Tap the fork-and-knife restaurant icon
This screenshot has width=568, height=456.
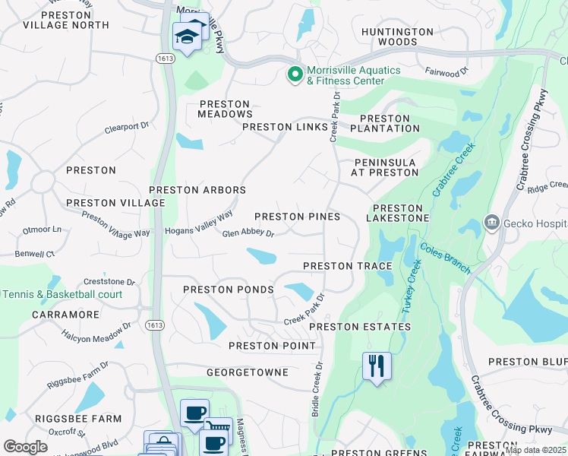[376, 366]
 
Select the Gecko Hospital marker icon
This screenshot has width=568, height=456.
[491, 223]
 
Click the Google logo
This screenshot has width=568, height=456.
[25, 447]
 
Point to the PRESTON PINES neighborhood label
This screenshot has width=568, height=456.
[297, 217]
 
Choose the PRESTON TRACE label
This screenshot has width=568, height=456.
[347, 266]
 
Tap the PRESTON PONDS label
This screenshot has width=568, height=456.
[228, 290]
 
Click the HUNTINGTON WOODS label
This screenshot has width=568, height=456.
[397, 36]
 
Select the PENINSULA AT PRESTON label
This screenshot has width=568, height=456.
[385, 168]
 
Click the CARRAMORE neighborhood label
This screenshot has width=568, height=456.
[65, 314]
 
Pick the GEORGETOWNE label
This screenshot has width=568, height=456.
[248, 372]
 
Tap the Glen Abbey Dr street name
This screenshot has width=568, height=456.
[248, 234]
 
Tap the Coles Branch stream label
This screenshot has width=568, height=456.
[445, 259]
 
